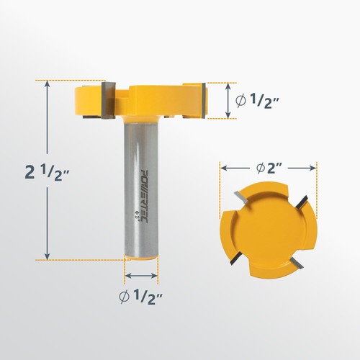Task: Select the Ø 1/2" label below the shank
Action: point(142,296)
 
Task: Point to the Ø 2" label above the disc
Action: point(268,167)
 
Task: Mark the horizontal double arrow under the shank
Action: point(142,274)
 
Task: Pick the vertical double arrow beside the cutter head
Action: point(230,102)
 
